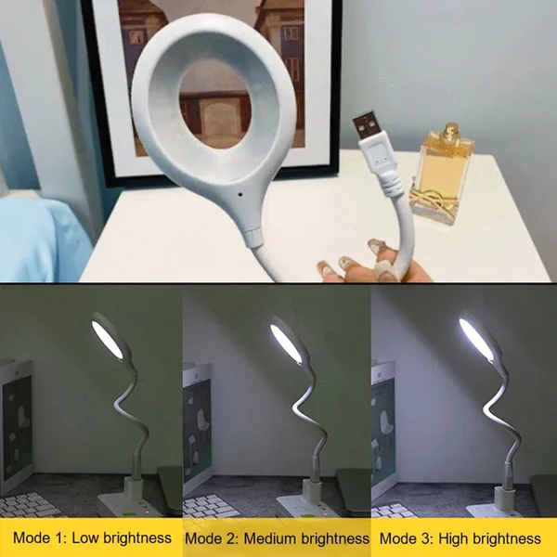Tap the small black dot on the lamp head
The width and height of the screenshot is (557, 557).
(240, 195)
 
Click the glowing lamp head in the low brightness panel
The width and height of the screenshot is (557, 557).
(109, 338)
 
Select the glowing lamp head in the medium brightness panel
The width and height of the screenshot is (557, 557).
(288, 340)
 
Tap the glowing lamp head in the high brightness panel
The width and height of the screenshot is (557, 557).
(477, 338)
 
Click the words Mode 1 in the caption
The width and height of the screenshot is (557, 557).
(39, 538)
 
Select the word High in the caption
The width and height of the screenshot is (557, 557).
(451, 538)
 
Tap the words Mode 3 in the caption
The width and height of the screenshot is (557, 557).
(407, 538)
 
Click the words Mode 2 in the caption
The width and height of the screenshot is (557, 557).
(211, 538)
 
